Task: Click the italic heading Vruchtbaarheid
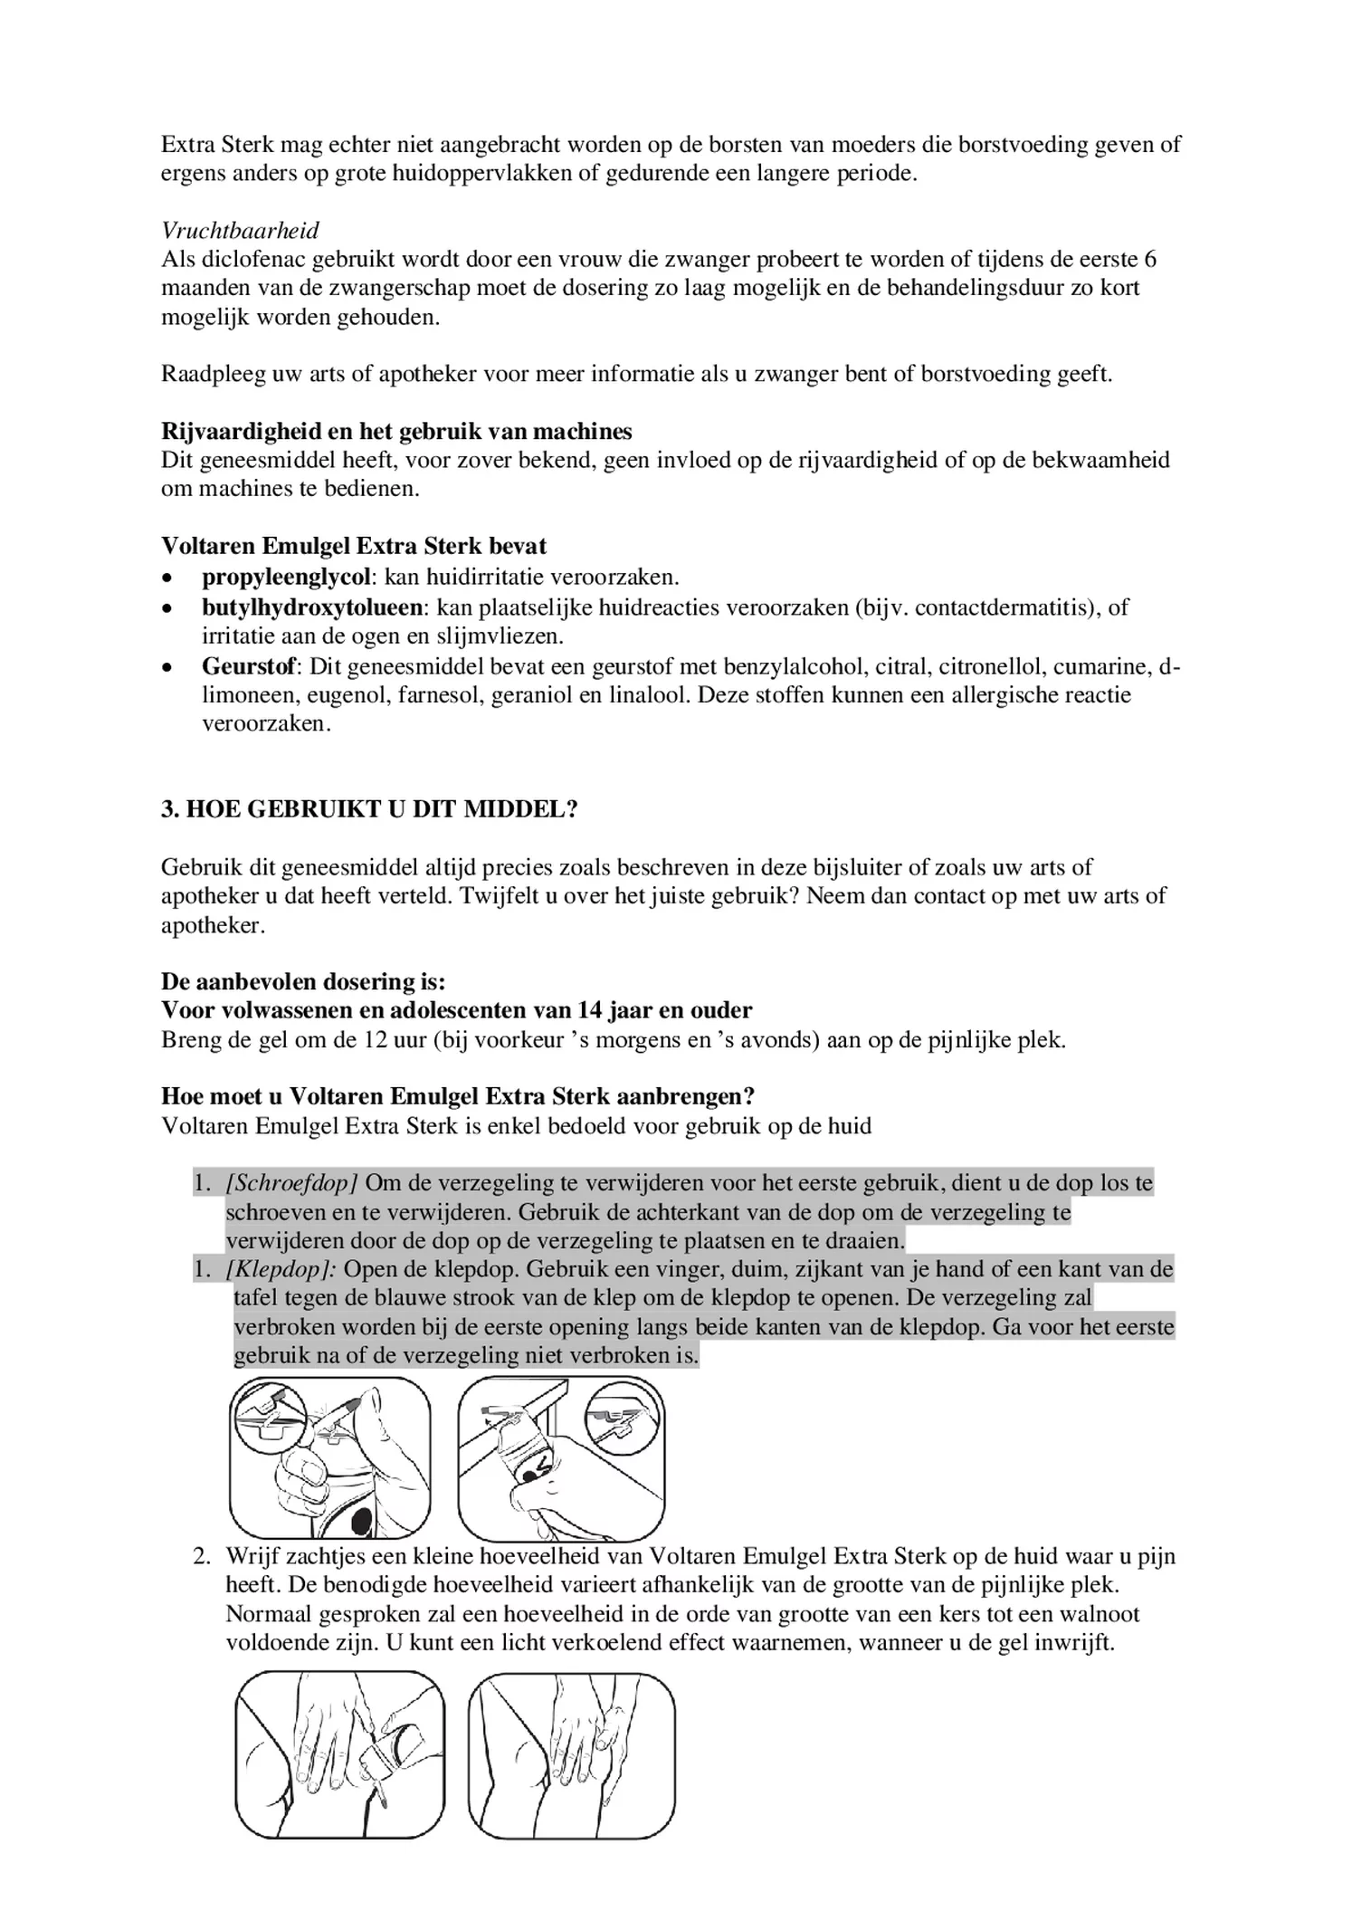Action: (x=240, y=231)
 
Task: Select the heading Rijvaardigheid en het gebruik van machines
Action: (x=396, y=431)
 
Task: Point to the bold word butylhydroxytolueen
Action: (x=312, y=607)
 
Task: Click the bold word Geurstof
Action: (x=249, y=667)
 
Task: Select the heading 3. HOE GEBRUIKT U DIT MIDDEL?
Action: (x=369, y=809)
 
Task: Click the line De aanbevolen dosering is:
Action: (x=303, y=981)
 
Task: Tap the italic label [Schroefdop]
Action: (x=292, y=1183)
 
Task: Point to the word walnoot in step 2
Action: (x=1102, y=1614)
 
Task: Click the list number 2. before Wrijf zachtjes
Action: (x=201, y=1556)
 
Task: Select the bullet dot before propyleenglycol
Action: (x=167, y=578)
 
